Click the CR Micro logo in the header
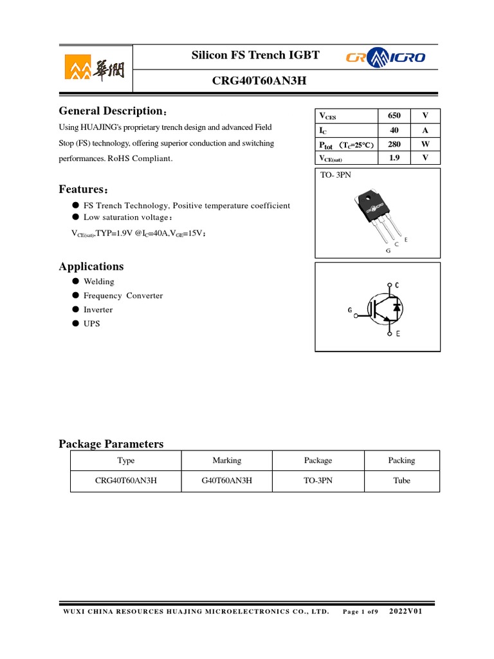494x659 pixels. (386, 58)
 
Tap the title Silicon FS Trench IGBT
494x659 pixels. (255, 56)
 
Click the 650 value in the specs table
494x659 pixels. (394, 116)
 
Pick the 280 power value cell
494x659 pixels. (394, 144)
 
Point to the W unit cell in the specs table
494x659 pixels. (425, 144)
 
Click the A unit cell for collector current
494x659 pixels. (425, 130)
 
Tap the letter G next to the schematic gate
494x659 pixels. (350, 310)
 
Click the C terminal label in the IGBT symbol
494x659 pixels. (397, 285)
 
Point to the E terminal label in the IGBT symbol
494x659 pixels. (398, 334)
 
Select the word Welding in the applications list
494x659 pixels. (98, 281)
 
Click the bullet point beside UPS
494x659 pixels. (75, 324)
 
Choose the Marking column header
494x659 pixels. (226, 461)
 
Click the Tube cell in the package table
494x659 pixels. (401, 481)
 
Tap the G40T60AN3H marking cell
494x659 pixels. (226, 481)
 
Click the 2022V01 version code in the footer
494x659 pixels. (406, 611)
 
